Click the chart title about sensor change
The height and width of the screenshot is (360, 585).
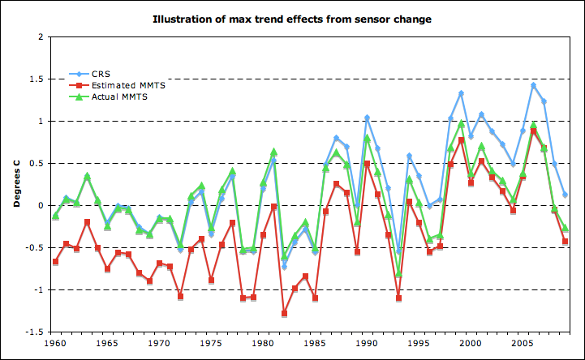[292, 17]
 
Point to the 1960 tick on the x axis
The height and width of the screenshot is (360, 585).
[55, 343]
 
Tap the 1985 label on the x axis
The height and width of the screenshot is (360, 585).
[314, 343]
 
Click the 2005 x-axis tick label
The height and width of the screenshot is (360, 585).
[523, 343]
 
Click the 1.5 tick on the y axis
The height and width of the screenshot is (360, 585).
[36, 79]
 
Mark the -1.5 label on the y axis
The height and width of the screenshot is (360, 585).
[33, 332]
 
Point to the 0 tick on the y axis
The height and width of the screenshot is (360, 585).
[40, 205]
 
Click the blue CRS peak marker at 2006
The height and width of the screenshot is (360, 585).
[533, 85]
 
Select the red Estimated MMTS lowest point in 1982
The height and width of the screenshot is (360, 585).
[284, 313]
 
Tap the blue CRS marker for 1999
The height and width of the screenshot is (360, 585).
[461, 93]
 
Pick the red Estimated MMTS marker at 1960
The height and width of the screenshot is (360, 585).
[55, 262]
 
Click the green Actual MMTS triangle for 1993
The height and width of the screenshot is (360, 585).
[398, 273]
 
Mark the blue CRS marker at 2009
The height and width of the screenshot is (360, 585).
[565, 195]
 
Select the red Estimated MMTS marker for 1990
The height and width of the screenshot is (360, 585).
[367, 164]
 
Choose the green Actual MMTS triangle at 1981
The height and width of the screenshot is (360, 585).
[273, 152]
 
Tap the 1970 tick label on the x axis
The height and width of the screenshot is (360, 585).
[159, 343]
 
